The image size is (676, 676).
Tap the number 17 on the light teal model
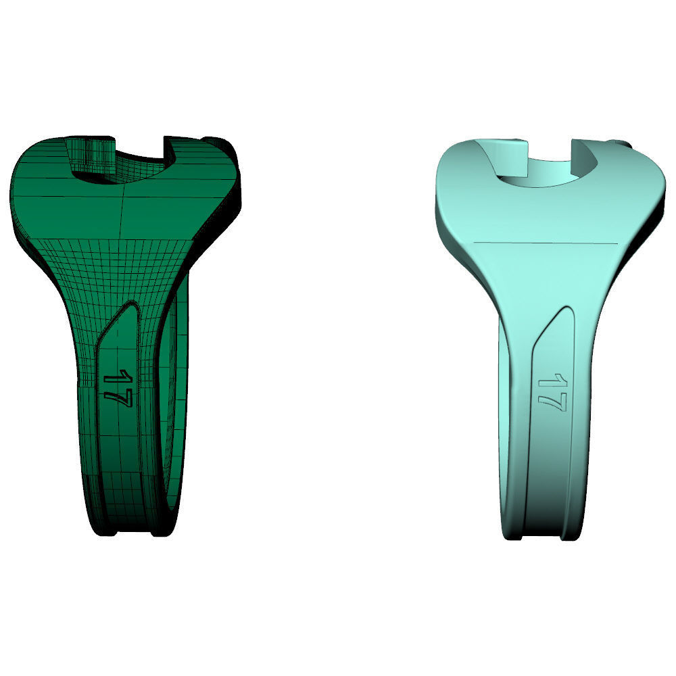click(x=552, y=392)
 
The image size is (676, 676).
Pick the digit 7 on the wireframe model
click(x=117, y=395)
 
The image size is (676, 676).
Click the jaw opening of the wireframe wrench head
click(x=135, y=159)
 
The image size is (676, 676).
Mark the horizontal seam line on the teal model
click(x=546, y=241)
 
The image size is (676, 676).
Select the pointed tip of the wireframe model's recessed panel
click(x=135, y=306)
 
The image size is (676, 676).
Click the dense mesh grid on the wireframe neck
click(x=108, y=270)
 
